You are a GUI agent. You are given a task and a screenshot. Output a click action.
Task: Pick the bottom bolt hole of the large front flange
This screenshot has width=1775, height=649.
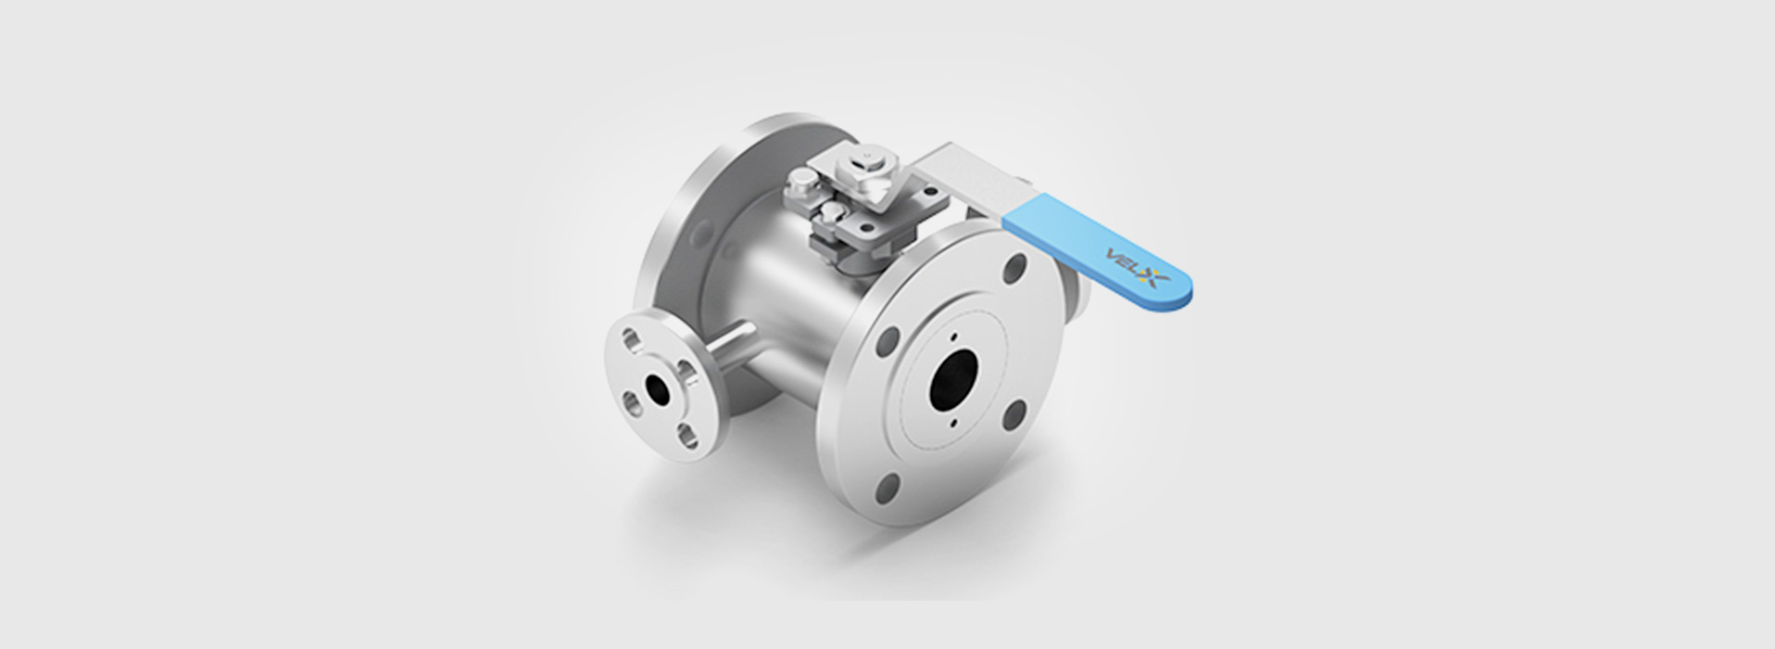pyautogui.click(x=888, y=486)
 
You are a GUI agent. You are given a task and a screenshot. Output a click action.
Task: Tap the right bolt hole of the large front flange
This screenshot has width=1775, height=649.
pyautogui.click(x=1016, y=414)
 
